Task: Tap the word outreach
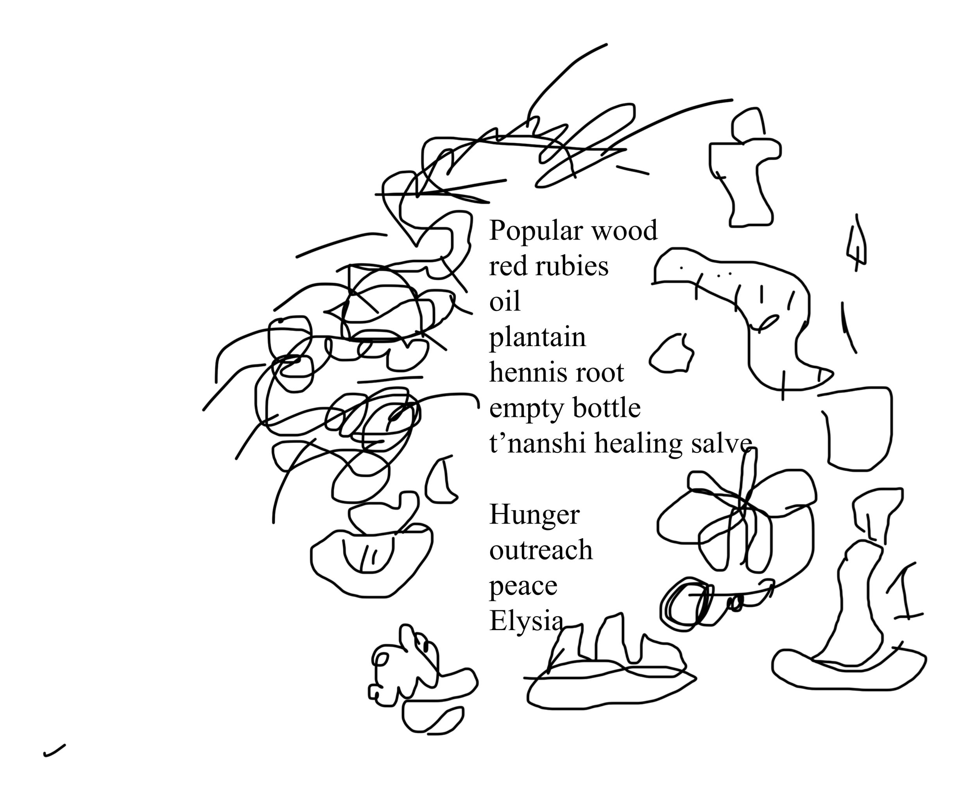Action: click(541, 551)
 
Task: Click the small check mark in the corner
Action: click(54, 751)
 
